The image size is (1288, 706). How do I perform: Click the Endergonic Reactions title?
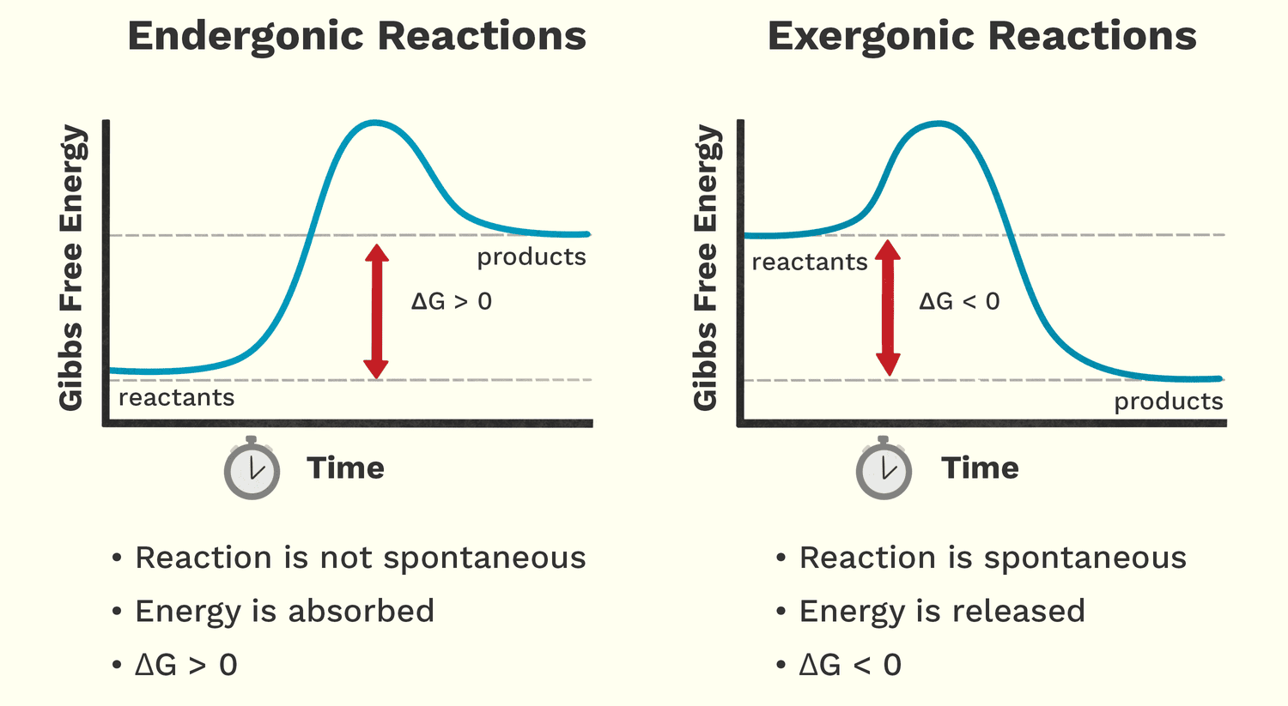click(356, 37)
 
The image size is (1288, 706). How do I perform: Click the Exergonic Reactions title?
click(981, 37)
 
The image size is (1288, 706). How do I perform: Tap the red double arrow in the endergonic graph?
click(376, 311)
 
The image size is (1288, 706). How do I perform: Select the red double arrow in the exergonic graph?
click(888, 308)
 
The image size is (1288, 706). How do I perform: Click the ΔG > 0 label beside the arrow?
click(452, 302)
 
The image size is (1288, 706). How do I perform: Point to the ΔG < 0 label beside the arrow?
click(959, 302)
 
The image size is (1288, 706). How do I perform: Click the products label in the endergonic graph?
click(532, 257)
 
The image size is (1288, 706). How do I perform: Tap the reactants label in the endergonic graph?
click(176, 398)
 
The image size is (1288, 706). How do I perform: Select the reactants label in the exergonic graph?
click(810, 262)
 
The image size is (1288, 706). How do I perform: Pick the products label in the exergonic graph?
click(1168, 401)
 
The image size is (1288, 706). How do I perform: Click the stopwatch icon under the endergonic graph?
click(252, 468)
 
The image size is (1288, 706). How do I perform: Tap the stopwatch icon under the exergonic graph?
click(884, 468)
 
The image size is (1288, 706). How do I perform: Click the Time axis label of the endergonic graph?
click(345, 468)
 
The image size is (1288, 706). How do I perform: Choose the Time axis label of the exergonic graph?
click(980, 468)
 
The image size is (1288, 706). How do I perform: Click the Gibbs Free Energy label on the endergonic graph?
click(71, 268)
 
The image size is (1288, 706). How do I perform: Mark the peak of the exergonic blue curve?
click(938, 124)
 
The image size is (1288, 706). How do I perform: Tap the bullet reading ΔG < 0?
click(850, 665)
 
